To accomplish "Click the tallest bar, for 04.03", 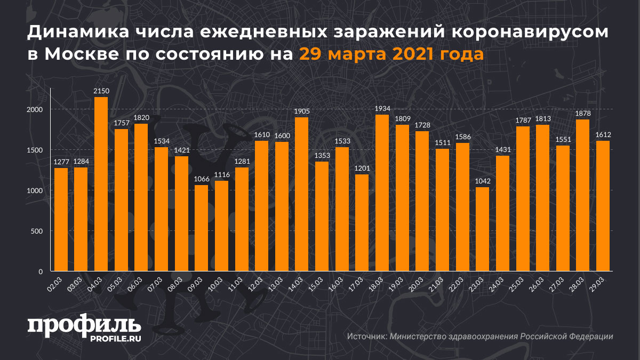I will coord(101,184).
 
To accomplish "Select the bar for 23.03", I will coord(482,229).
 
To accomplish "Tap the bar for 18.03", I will coord(381,193).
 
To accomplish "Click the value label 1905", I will coord(301,111).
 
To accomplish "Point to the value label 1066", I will coord(201,179).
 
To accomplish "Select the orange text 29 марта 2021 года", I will coord(391,54).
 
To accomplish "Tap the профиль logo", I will coord(84,325).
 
